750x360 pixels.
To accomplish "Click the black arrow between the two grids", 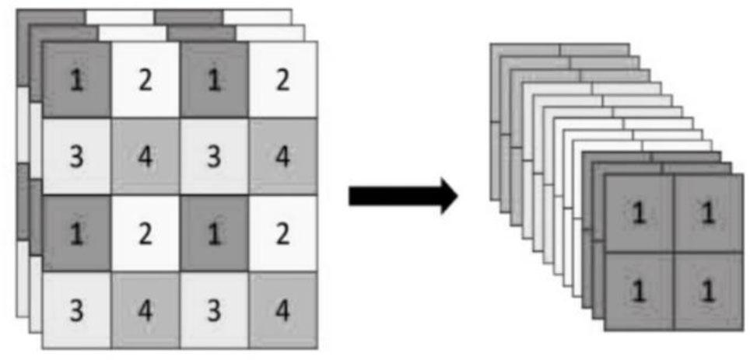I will click(401, 196).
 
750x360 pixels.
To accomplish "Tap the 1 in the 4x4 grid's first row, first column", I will click(76, 80).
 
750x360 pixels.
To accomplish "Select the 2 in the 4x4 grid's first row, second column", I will click(145, 80).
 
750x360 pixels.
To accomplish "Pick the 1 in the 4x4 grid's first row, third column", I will click(214, 80).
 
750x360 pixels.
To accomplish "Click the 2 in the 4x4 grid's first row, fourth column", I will click(283, 80).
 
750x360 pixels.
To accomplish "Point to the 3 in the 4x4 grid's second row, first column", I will click(76, 156).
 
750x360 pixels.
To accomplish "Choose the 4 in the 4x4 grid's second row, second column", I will click(145, 156).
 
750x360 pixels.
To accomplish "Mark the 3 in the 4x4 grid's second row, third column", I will click(214, 156).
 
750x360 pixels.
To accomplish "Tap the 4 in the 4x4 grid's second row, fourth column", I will click(283, 156).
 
